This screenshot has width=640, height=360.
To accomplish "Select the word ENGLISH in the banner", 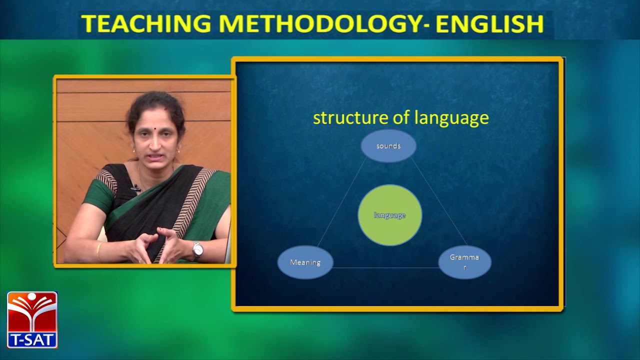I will click(x=490, y=23).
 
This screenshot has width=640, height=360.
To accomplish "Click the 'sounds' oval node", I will click(x=388, y=146).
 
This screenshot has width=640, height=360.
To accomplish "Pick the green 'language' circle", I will click(x=390, y=215).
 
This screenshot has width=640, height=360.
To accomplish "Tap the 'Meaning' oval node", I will click(x=305, y=262).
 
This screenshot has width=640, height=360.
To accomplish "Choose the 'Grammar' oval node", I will click(x=464, y=262).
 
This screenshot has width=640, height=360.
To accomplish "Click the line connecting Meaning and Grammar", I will click(x=385, y=268).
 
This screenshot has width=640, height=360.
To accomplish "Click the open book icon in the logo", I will click(x=32, y=312).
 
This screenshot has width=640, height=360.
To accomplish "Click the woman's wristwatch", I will click(x=198, y=249).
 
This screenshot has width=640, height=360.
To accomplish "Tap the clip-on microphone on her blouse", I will click(x=134, y=188).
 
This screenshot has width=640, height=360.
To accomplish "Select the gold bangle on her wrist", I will click(x=99, y=251).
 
